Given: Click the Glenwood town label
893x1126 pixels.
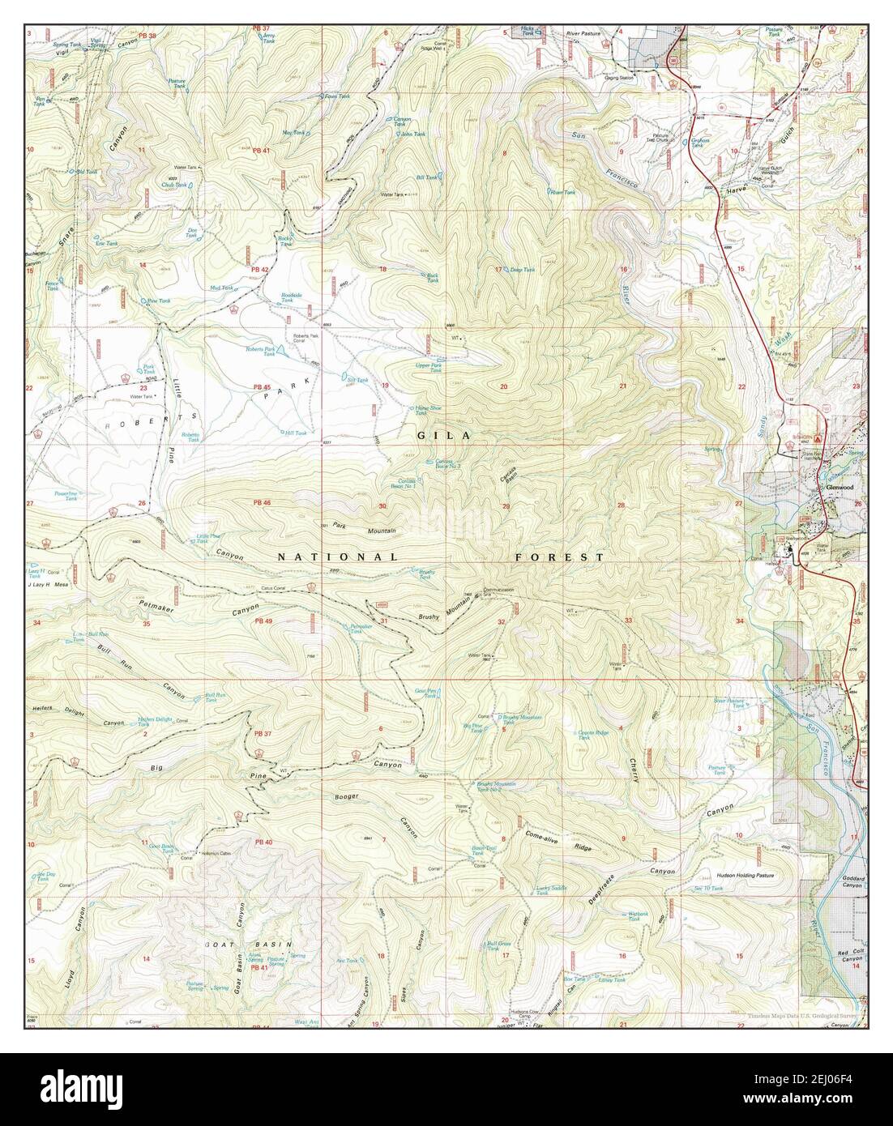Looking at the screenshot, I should coord(833,488).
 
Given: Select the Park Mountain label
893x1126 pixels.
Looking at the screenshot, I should coord(363,528).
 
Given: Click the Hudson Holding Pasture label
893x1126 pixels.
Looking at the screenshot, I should coord(746,875).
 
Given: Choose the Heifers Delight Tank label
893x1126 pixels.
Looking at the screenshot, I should coord(156,722).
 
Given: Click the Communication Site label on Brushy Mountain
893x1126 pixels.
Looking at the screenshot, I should coord(498,591).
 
